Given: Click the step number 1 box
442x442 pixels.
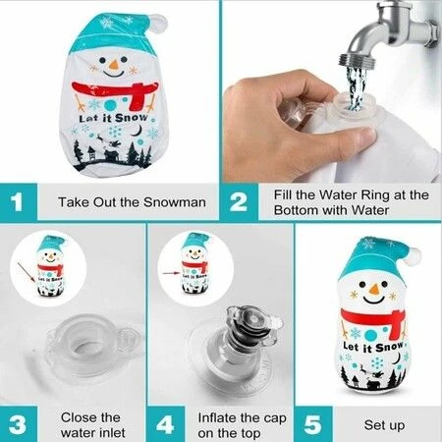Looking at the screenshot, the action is [19, 202].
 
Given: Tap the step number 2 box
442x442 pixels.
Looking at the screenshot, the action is [239, 202].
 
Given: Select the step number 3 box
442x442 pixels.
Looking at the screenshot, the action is [19, 424].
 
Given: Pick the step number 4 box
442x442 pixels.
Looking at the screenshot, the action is [165, 424].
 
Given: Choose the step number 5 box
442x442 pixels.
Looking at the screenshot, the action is [313, 424].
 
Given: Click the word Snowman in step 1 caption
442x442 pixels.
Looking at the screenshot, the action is [175, 202].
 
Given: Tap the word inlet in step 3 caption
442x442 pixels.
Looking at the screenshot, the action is [109, 433].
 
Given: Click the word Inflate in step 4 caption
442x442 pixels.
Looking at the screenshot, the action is [217, 417].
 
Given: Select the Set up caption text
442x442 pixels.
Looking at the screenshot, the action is [384, 425].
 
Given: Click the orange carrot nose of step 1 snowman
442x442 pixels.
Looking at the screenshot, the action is [114, 65].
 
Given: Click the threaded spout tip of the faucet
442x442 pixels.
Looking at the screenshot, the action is [357, 62].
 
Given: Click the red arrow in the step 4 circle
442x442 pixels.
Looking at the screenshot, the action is [171, 272].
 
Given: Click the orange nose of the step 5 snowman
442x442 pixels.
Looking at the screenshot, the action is [374, 289].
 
